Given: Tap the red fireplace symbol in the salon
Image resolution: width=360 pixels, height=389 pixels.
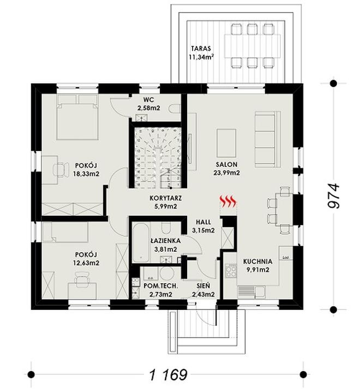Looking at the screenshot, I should point(229,202).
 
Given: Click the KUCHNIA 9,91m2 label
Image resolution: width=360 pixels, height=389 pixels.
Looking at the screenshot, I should point(257,265).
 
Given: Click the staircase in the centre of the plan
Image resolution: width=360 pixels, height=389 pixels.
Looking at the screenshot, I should point(158,155).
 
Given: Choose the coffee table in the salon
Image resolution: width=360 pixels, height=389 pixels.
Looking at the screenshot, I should point(226,143).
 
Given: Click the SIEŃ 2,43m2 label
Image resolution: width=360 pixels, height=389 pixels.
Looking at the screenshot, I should point(203,290).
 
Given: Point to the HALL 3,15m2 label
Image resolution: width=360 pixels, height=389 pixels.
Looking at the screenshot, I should point(203,226).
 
